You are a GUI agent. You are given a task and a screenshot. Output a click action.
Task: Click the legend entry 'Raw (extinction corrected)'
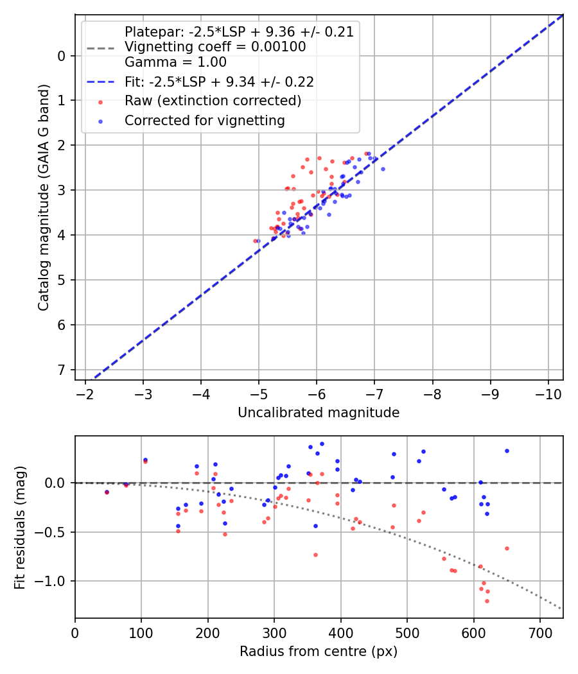coord(213,101)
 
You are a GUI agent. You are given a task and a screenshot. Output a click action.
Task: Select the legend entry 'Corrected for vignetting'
coord(204,120)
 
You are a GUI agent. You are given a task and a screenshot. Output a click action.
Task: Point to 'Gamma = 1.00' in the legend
coord(175,62)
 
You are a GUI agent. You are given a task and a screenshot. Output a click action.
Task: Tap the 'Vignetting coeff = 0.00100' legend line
coord(215,47)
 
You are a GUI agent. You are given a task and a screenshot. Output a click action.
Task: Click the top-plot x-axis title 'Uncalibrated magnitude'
coord(319,413)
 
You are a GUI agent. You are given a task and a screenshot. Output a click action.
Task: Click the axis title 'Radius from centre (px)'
coord(319,652)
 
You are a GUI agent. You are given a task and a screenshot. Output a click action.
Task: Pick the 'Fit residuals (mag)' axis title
coord(20,528)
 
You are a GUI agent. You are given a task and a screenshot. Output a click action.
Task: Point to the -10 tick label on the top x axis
coord(548,393)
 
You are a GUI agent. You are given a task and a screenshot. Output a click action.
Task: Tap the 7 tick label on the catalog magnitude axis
coord(62,370)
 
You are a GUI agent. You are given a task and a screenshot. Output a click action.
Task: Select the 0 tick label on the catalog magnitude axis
coord(62,56)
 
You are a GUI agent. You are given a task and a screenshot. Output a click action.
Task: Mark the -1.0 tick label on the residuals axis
coord(52,581)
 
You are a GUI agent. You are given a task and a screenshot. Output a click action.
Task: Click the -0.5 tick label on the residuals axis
coord(52,532)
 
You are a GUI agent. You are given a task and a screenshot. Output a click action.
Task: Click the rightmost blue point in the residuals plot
coord(507,451)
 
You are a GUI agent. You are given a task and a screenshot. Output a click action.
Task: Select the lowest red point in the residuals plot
coord(487,601)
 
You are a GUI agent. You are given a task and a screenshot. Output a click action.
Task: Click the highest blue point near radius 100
coord(145,460)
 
